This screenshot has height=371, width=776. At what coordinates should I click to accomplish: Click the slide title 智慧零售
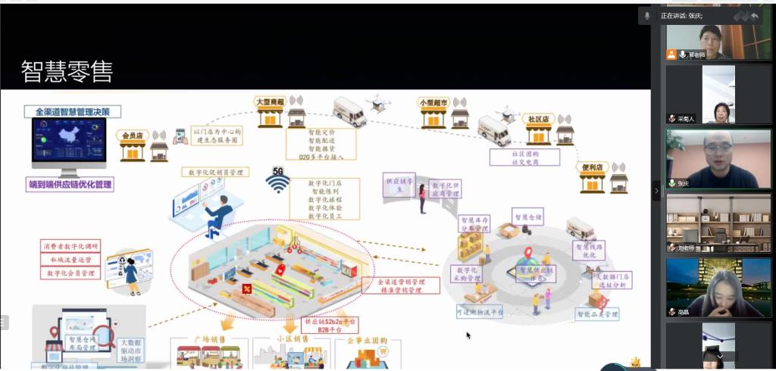click(67, 72)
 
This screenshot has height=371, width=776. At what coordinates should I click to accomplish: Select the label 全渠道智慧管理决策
click(67, 111)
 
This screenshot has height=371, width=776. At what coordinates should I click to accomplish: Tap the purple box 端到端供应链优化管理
click(70, 184)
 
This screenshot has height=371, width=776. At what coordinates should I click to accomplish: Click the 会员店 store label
click(133, 136)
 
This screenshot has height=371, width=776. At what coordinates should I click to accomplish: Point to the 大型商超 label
click(269, 101)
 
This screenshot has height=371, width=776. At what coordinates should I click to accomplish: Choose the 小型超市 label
click(433, 101)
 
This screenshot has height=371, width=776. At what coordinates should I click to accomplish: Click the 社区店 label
click(537, 120)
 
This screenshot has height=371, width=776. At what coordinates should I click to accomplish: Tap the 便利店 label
click(593, 167)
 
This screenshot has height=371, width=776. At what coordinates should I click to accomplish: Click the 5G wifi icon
click(278, 182)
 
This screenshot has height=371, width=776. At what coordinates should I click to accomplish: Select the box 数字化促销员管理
click(215, 173)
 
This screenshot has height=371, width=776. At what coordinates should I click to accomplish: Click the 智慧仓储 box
click(527, 217)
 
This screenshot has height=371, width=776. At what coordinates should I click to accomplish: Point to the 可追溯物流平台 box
click(480, 311)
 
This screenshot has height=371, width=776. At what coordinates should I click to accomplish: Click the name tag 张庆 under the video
click(684, 183)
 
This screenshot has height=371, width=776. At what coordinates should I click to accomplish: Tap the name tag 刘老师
click(687, 248)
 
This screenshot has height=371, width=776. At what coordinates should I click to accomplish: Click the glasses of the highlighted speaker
click(716, 148)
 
